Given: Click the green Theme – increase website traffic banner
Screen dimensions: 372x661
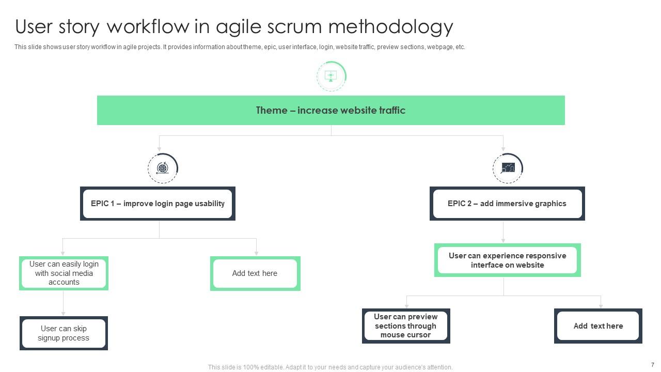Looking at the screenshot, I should (330, 110).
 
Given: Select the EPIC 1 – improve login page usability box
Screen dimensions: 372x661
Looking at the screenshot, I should (158, 204).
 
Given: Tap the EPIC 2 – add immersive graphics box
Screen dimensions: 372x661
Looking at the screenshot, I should (507, 204).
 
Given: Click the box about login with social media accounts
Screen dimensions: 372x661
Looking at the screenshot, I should (64, 273).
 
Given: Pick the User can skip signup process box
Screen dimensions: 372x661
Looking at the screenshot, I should (64, 333).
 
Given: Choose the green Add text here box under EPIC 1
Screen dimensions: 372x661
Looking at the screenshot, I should (255, 273).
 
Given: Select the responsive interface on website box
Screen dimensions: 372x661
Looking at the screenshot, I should (507, 260).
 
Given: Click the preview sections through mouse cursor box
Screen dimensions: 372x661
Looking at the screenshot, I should (405, 326).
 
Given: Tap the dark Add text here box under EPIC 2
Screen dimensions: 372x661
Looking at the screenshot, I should (598, 326).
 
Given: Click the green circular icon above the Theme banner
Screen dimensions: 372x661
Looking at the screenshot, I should (331, 76).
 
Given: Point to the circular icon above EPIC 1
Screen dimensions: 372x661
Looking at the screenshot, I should (163, 168).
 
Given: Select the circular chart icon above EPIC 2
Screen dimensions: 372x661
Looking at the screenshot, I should (508, 168).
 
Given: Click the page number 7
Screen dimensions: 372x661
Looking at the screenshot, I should (653, 365).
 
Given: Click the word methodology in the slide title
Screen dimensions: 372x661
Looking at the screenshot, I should (390, 26).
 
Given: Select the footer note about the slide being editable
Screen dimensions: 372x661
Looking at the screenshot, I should (330, 367).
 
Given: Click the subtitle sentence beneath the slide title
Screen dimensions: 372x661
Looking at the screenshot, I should (240, 47).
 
